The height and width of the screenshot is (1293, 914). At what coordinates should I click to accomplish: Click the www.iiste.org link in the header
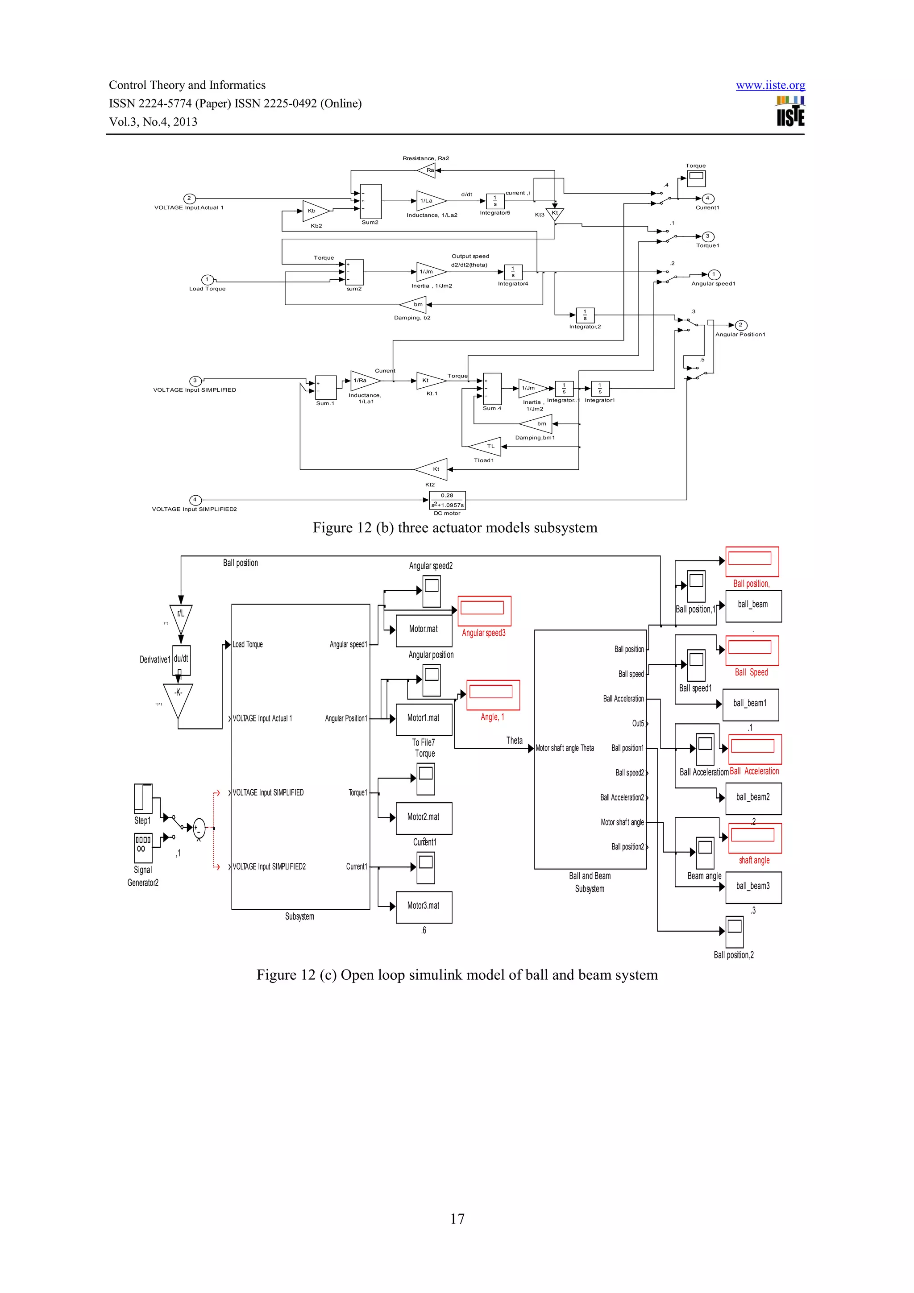click(770, 85)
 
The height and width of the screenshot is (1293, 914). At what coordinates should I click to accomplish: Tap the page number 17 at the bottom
click(457, 1218)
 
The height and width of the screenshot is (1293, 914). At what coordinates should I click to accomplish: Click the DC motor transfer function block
click(447, 500)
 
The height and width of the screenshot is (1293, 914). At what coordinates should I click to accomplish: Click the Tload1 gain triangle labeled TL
click(486, 447)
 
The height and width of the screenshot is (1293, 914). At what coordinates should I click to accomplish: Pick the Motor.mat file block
click(424, 630)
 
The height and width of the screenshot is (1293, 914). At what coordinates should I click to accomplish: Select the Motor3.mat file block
click(424, 906)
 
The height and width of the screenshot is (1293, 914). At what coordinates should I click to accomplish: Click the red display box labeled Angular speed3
click(484, 610)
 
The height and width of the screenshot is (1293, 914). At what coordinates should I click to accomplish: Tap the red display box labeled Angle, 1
click(492, 695)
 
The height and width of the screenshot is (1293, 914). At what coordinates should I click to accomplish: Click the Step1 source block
click(143, 799)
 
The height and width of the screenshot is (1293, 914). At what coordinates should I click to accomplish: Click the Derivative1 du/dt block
click(181, 660)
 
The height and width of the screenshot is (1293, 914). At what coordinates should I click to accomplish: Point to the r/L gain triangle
click(181, 616)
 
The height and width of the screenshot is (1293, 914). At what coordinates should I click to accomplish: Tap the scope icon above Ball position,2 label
click(734, 932)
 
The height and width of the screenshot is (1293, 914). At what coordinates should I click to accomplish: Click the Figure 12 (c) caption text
click(457, 975)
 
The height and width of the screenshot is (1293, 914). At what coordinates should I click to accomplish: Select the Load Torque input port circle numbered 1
click(207, 280)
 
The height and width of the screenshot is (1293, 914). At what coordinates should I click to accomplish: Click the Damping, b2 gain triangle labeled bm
click(415, 305)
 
